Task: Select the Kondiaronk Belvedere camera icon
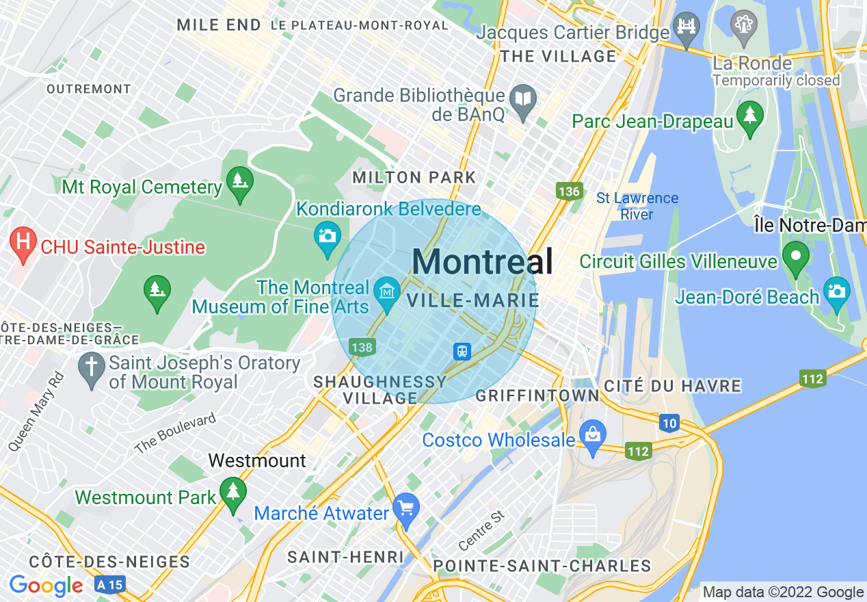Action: [x=328, y=235]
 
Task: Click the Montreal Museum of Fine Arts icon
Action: [x=388, y=292]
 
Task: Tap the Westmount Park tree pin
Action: [x=233, y=493]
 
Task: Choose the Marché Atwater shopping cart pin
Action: [x=407, y=510]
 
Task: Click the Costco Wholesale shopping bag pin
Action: [x=592, y=435]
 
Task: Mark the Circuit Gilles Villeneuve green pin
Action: [x=795, y=257]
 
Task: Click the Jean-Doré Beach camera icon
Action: [x=836, y=291]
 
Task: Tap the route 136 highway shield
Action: [x=569, y=192]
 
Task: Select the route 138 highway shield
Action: [x=361, y=347]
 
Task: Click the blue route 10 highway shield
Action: [x=669, y=423]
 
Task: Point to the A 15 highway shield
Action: [x=110, y=585]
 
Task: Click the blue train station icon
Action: [x=462, y=351]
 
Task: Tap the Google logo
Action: [x=46, y=586]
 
